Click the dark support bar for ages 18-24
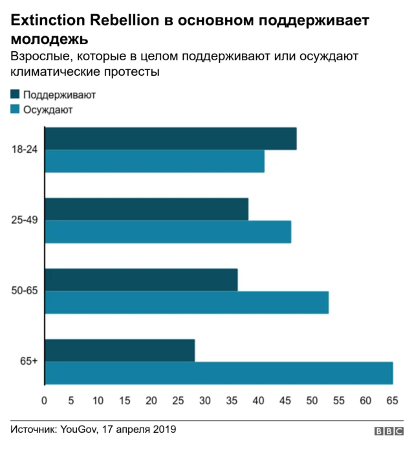point(171,139)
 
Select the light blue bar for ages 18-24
point(155,161)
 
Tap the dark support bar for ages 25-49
point(147,209)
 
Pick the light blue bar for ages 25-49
point(168,232)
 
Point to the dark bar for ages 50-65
point(141,279)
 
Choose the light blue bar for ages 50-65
point(187,303)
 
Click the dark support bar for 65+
point(120,350)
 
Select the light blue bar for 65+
point(219,373)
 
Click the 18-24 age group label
point(25,150)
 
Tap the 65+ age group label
point(28,362)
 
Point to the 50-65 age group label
point(25,291)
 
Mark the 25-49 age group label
point(25,220)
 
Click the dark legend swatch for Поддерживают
point(16,95)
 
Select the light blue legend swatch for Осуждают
point(16,109)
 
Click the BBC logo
point(388,432)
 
